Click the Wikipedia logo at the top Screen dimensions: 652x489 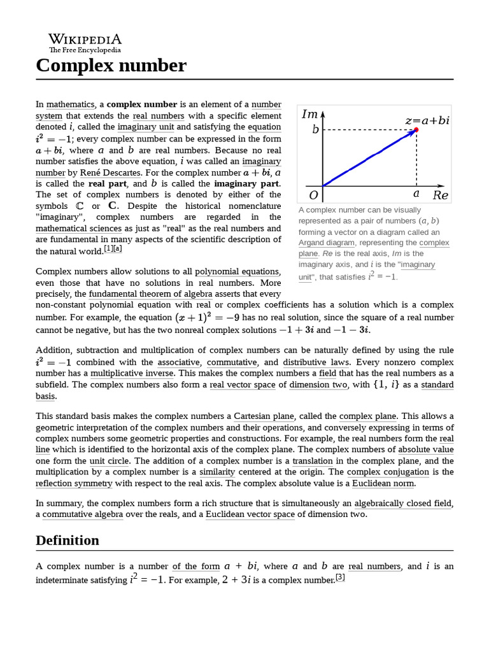pos(85,42)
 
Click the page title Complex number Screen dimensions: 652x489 pos(111,65)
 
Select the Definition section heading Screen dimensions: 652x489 pos(67,540)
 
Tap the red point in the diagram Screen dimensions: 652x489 pos(416,130)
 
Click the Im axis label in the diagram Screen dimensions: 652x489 pos(310,114)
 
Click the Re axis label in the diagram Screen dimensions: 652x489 pos(440,195)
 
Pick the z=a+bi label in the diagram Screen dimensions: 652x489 pos(427,120)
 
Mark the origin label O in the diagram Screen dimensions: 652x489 pos(313,195)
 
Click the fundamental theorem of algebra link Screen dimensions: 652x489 pos(150,294)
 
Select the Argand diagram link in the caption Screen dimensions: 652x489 pos(327,243)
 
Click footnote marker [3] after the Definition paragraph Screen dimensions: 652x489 pos(340,578)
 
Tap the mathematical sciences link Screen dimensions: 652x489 pos(78,228)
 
